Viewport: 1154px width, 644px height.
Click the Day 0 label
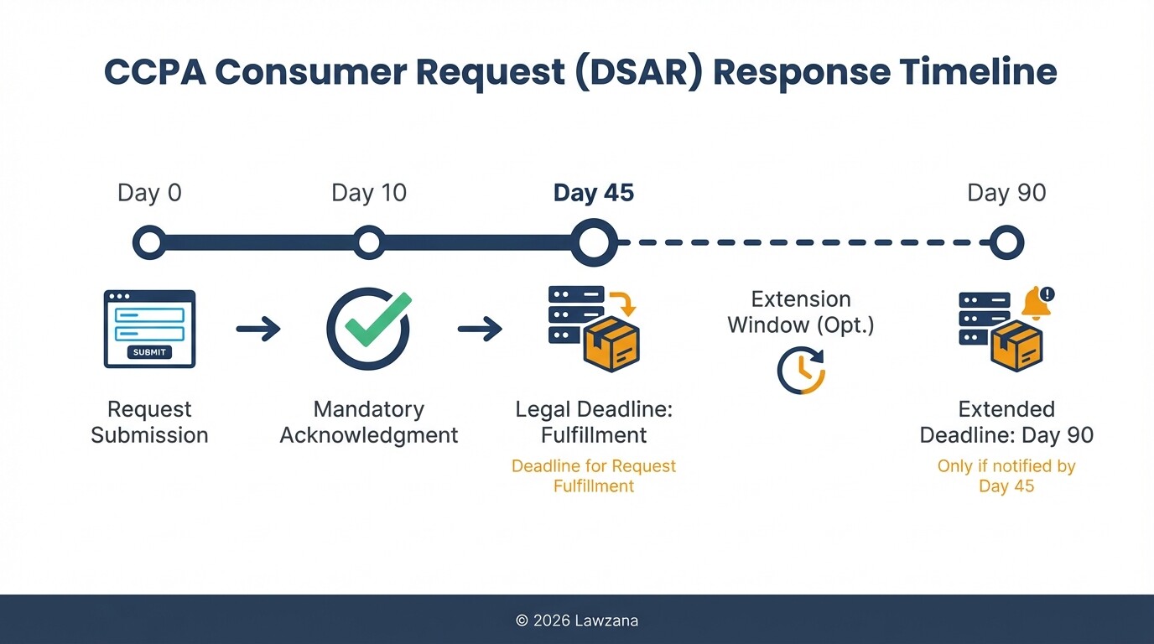click(x=149, y=193)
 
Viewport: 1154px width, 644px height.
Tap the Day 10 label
click(x=369, y=193)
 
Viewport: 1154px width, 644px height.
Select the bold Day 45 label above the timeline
click(x=594, y=193)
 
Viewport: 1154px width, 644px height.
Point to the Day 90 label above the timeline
click(x=1006, y=193)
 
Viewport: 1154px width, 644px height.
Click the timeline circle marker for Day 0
click(x=149, y=243)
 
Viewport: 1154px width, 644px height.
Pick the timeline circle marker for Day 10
click(x=369, y=243)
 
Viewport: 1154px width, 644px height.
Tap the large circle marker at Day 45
click(x=594, y=243)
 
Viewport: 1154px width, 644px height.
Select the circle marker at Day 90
click(x=1006, y=243)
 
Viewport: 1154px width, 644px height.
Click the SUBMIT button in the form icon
click(x=149, y=352)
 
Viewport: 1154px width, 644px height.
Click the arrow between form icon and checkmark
click(x=258, y=329)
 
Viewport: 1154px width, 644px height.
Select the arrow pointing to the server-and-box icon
click(x=480, y=329)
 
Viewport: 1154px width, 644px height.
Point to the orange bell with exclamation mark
click(x=1037, y=303)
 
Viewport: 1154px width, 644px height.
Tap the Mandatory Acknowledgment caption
click(x=369, y=422)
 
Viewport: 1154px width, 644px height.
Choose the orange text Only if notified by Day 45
click(x=1006, y=476)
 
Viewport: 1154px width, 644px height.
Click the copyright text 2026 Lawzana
click(x=577, y=621)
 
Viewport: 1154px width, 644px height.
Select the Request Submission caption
click(x=149, y=422)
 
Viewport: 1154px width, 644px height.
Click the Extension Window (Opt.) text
click(x=801, y=312)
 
